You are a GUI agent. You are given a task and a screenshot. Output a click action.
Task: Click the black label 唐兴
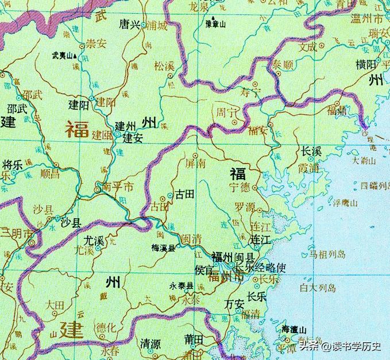point(129,25)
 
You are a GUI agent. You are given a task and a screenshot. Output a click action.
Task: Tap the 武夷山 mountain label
point(64,56)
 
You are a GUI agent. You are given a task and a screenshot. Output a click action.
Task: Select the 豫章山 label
point(216,25)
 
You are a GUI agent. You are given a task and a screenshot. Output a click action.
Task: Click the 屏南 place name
point(197,162)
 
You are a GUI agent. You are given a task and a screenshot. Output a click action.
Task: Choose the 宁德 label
point(240,187)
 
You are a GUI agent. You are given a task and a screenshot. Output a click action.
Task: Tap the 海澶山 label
point(294,330)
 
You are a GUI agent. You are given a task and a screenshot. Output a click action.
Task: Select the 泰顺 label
point(283,63)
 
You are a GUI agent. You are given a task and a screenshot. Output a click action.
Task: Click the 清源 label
point(150,343)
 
